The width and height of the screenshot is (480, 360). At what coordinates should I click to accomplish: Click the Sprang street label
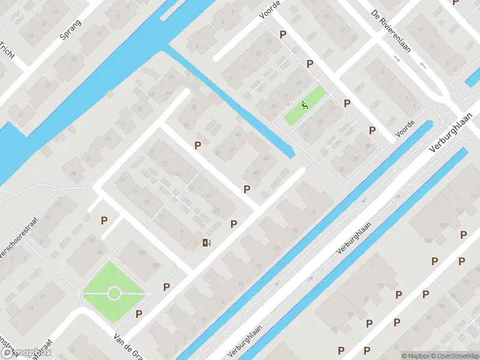70,29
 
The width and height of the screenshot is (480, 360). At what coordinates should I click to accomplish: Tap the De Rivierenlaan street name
391,31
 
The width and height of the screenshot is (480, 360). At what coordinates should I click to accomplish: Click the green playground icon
305,106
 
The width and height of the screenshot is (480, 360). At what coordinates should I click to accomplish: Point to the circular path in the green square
113,293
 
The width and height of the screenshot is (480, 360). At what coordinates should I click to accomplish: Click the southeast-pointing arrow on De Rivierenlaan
397,58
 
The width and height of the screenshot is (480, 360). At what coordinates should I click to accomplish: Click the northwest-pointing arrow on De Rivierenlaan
423,65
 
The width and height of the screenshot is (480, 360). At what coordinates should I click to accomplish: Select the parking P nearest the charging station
233,224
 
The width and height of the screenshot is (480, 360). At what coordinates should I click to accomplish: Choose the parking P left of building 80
104,220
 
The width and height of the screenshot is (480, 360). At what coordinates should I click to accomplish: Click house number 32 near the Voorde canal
341,169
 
